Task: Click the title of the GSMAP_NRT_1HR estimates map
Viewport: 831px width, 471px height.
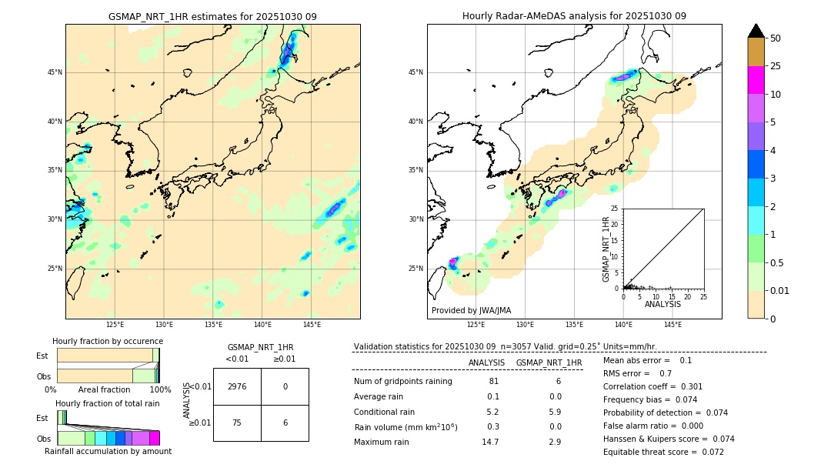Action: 212,16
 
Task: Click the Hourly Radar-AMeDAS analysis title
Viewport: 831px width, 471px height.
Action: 574,16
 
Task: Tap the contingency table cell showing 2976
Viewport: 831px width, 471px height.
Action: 237,387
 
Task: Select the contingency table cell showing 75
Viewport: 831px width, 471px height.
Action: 237,423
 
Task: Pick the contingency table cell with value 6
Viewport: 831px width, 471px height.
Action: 285,423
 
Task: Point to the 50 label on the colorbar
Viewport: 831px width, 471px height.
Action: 776,38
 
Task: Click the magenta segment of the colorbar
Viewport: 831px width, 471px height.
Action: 756,80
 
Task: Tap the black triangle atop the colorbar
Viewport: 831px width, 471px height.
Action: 756,31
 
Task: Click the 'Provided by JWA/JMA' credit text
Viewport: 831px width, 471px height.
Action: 471,310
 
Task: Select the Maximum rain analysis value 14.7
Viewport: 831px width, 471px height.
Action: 490,442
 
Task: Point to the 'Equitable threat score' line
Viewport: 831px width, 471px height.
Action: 662,452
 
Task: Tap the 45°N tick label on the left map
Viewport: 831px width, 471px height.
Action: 55,72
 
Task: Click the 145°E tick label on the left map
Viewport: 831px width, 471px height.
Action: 312,325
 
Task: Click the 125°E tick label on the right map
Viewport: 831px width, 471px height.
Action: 476,325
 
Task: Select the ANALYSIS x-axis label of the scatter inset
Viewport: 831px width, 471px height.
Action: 662,304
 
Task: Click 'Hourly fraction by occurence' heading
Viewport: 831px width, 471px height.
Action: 108,341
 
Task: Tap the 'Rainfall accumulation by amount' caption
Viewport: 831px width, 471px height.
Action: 108,451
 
